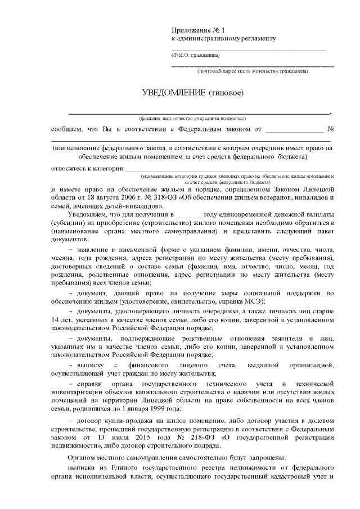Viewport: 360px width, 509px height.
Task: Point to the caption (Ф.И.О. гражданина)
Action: click(x=196, y=55)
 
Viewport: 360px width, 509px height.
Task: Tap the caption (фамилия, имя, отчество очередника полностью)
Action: click(x=192, y=119)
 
